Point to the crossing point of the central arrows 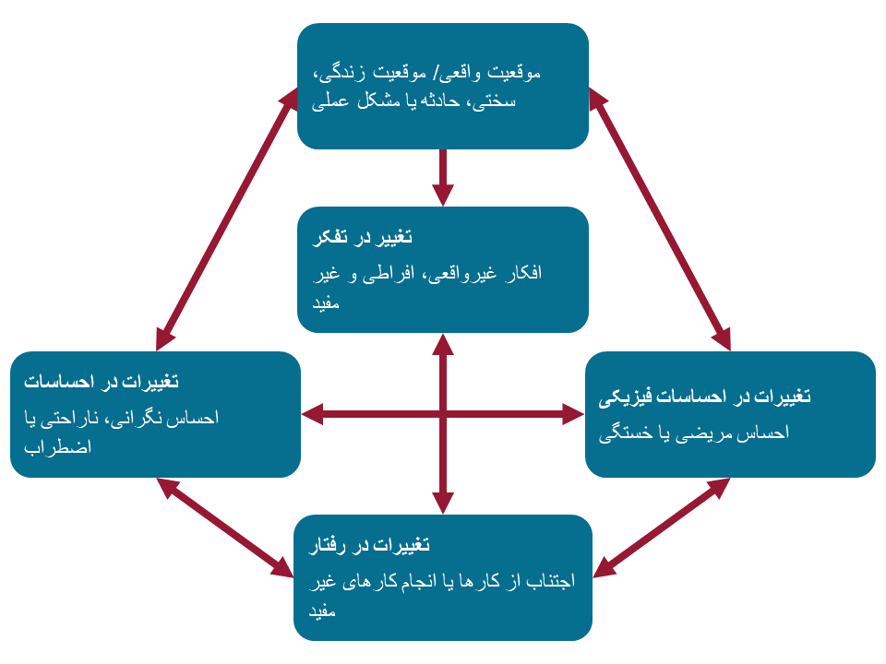443,415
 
